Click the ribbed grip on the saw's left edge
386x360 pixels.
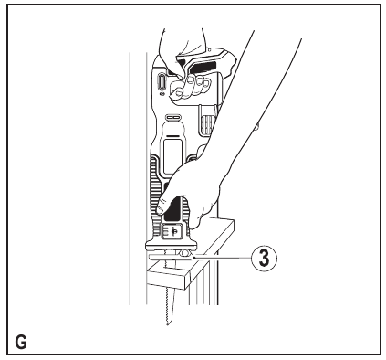coord(151,174)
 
